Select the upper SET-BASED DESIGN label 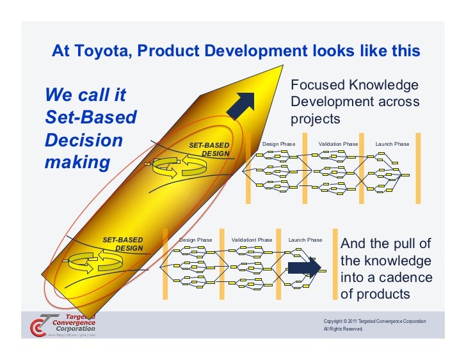[x=209, y=150]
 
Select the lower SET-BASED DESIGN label [x=124, y=244]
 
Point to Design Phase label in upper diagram [x=278, y=144]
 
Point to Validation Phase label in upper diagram [x=338, y=144]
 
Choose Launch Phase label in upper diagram [x=392, y=144]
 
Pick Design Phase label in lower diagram [x=196, y=240]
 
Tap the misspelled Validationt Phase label [x=252, y=240]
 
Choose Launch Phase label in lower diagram [x=305, y=240]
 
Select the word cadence [x=404, y=278]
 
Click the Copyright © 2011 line [x=374, y=320]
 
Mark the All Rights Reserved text [x=343, y=329]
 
